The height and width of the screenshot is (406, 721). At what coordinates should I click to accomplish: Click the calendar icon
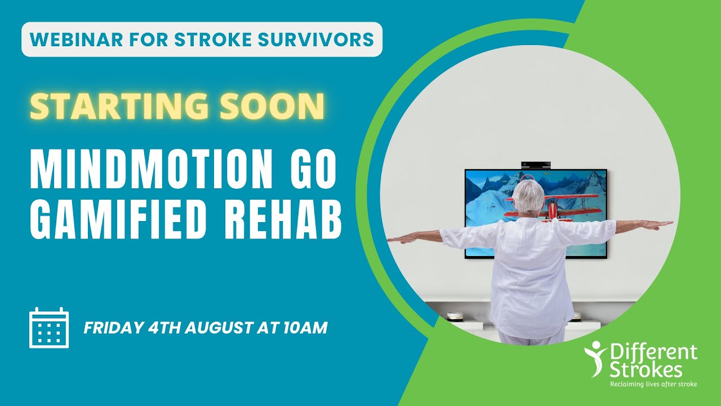pos(49,328)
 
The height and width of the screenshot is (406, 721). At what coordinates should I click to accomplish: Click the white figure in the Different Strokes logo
pos(595,359)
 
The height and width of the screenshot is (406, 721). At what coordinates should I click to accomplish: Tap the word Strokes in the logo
pos(646,369)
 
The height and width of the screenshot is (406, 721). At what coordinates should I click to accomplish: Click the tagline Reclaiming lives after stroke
pos(653,384)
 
